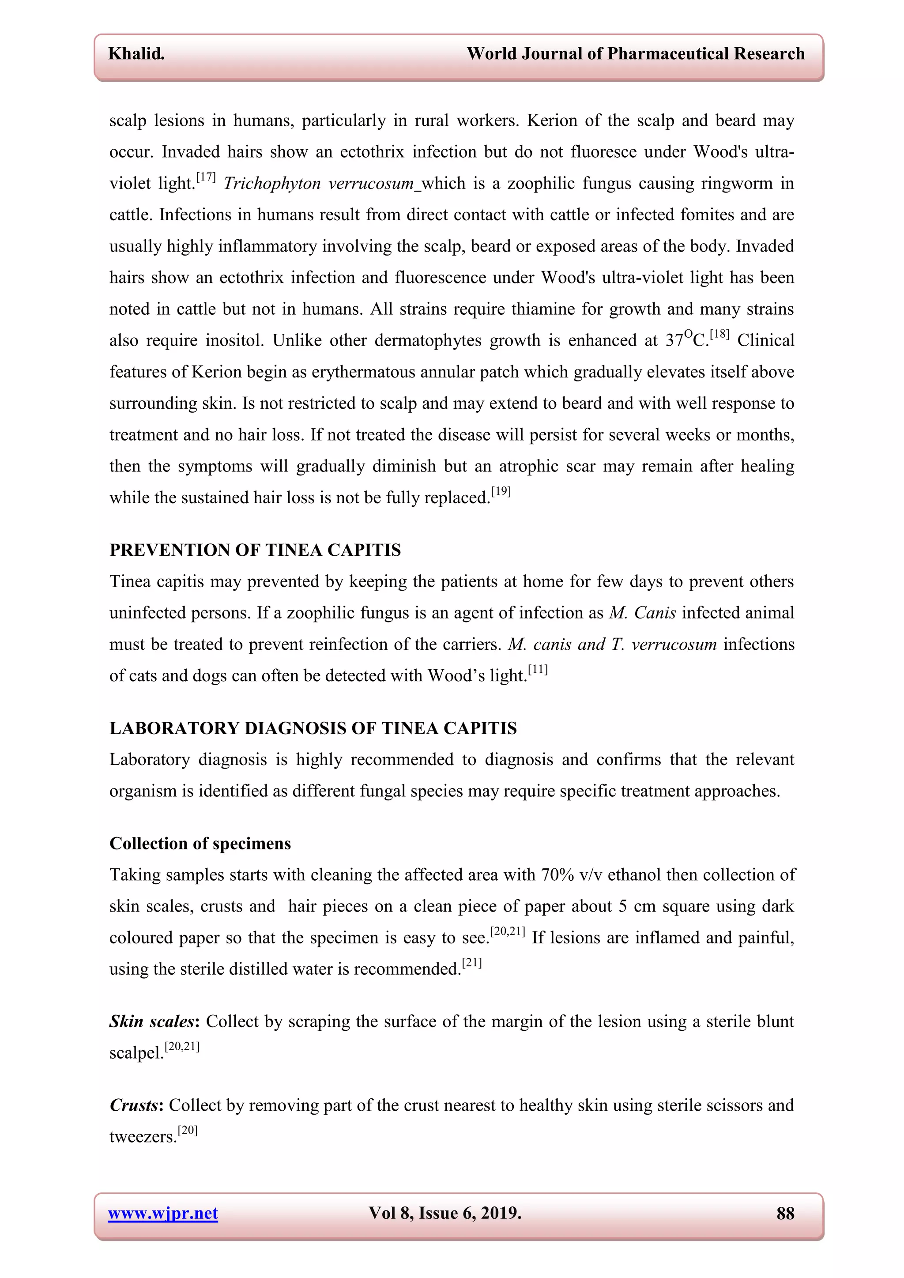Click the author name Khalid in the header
point(136,54)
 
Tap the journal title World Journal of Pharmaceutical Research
point(635,54)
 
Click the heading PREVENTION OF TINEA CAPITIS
point(255,550)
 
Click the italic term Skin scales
point(151,1022)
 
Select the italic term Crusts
point(134,1105)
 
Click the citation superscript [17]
point(206,177)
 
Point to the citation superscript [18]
point(719,334)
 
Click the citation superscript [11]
point(538,670)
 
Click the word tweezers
point(143,1137)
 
